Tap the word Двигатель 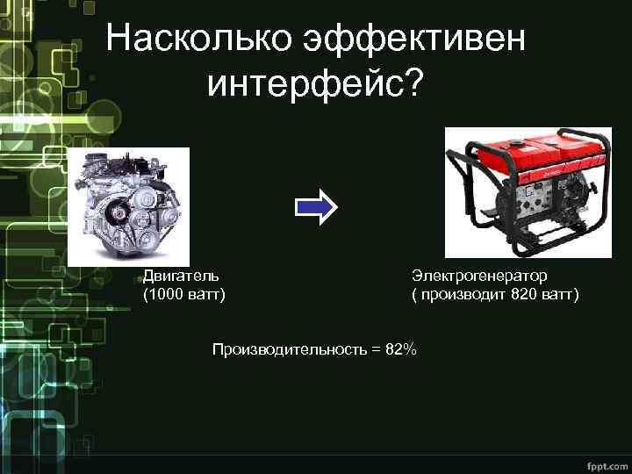click(176, 276)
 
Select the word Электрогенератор click(479, 276)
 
